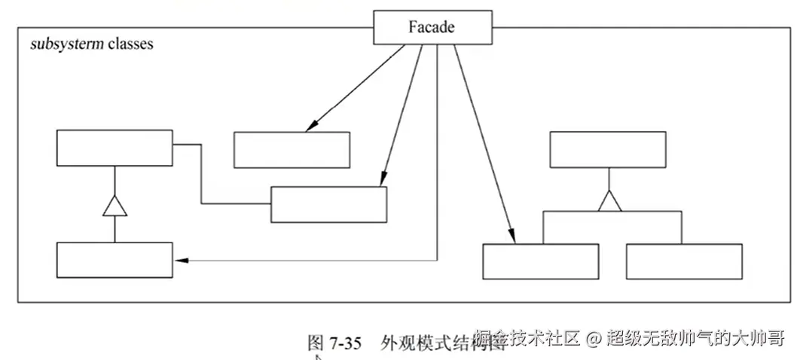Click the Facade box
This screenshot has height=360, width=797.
pyautogui.click(x=432, y=28)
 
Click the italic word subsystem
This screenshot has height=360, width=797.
pyautogui.click(x=66, y=44)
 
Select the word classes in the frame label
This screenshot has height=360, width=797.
pyautogui.click(x=130, y=44)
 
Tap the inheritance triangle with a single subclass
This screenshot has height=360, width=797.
pyautogui.click(x=115, y=205)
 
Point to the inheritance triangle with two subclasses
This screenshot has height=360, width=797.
pyautogui.click(x=608, y=200)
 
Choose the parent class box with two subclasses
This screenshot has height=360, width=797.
pyautogui.click(x=608, y=149)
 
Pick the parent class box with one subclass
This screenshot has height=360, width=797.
pyautogui.click(x=115, y=148)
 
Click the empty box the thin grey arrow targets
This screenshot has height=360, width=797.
pyautogui.click(x=115, y=260)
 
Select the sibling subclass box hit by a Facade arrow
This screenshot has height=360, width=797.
pyautogui.click(x=540, y=261)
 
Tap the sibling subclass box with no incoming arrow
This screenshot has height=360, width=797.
pyautogui.click(x=683, y=261)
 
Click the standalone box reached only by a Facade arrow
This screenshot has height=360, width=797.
pyautogui.click(x=292, y=150)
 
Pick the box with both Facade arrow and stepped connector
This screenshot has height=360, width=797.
pyautogui.click(x=328, y=204)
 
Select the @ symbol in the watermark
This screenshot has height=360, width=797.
pyautogui.click(x=593, y=339)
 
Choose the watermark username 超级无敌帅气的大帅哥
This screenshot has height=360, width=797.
pyautogui.click(x=696, y=338)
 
